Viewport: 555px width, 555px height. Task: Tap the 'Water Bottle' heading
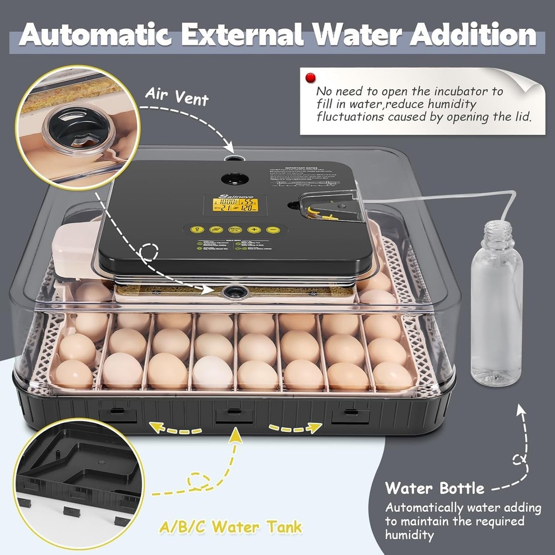(x=435, y=489)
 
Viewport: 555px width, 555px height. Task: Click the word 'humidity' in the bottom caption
(x=408, y=535)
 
